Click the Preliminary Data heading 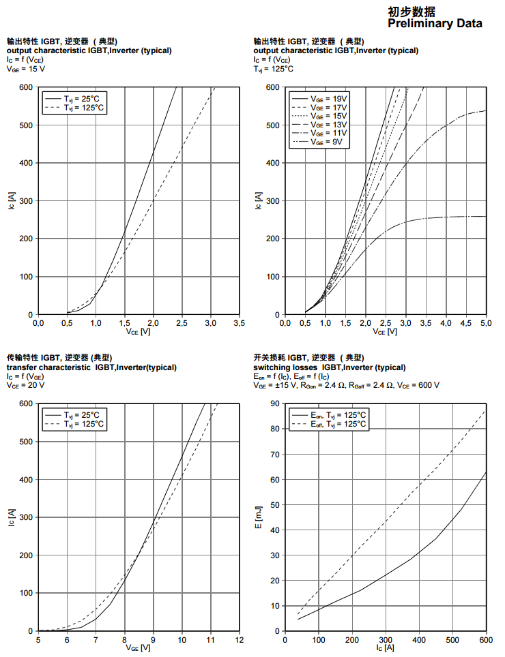tap(435, 24)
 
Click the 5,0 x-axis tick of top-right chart tap(486, 323)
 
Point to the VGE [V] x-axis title tap(138, 648)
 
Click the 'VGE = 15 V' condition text tap(26, 69)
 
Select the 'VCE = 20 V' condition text tap(26, 385)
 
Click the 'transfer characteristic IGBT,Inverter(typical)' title tap(91, 367)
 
